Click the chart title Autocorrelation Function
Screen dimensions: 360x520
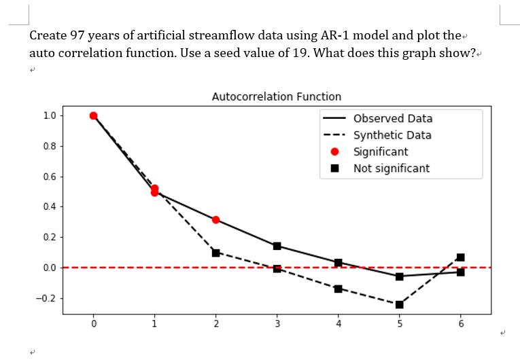point(277,96)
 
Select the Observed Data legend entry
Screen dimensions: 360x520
point(392,119)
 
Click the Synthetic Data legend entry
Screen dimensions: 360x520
point(392,135)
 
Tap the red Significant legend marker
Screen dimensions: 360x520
point(335,151)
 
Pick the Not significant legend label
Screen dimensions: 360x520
point(391,168)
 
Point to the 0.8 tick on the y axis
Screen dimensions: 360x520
point(49,146)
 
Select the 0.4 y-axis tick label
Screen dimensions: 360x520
point(49,206)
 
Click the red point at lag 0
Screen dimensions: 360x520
point(93,115)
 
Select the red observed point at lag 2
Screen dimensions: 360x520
point(215,219)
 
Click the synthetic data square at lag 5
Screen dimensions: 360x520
point(399,304)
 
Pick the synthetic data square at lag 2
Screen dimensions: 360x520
point(215,253)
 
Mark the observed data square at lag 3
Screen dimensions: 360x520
point(277,246)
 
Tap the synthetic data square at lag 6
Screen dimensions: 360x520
point(460,257)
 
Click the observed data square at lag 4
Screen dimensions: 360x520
point(338,262)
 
